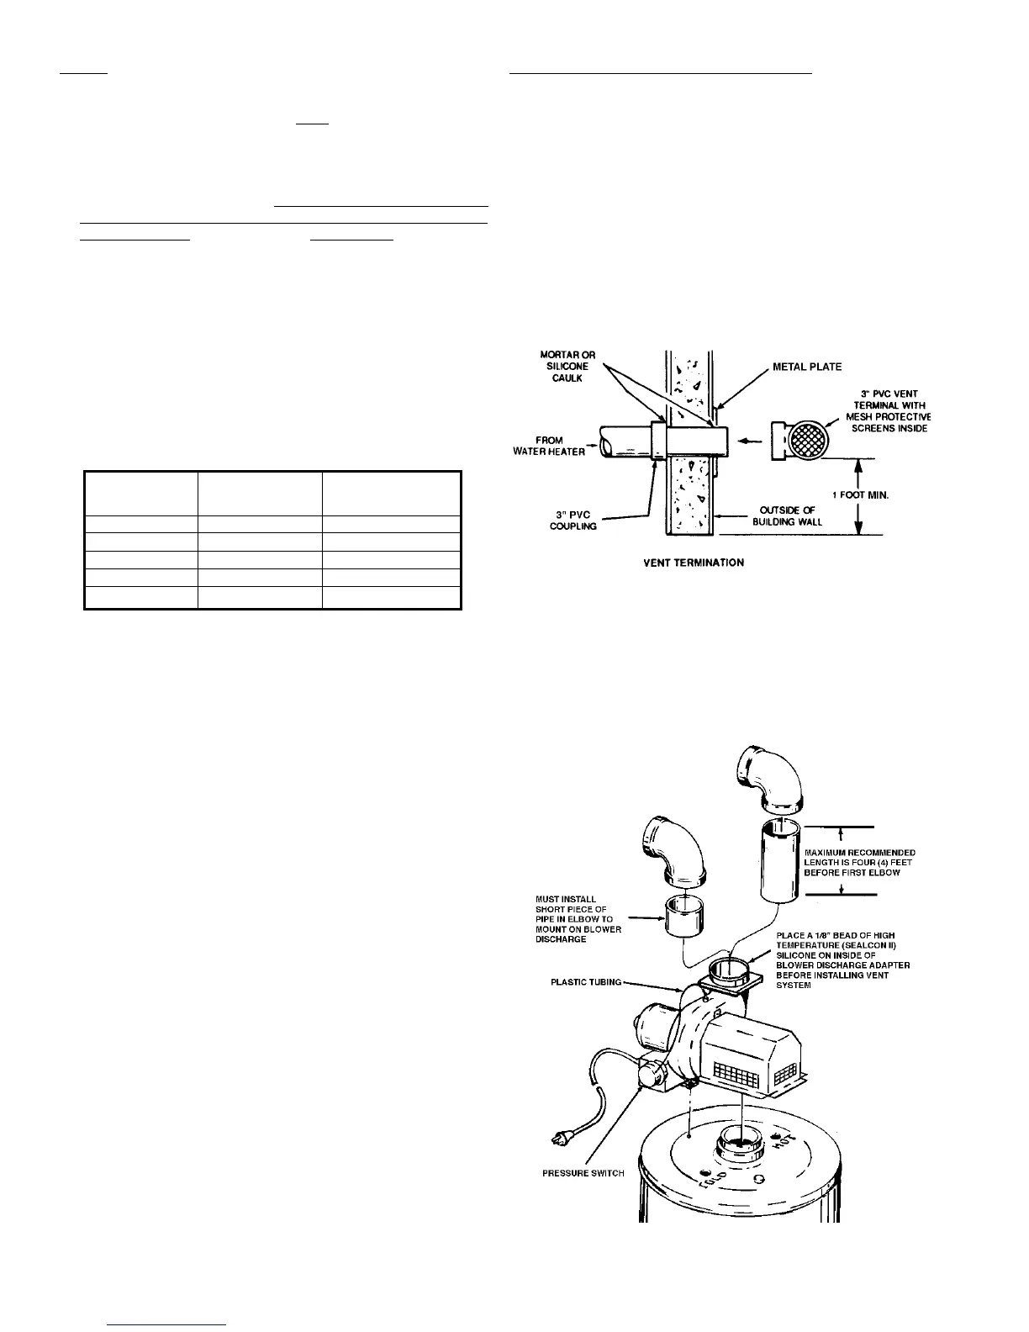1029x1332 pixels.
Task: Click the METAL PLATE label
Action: [x=807, y=367]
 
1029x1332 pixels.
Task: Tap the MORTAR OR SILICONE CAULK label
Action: [x=567, y=367]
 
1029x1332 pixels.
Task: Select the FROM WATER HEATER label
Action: [x=549, y=446]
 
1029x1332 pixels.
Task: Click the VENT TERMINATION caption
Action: [x=694, y=562]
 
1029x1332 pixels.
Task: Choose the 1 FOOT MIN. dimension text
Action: [x=860, y=495]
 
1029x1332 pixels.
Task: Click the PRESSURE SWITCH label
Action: [x=583, y=1173]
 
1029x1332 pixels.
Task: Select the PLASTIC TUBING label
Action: [x=587, y=981]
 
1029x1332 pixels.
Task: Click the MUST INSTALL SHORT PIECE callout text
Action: [x=578, y=919]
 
